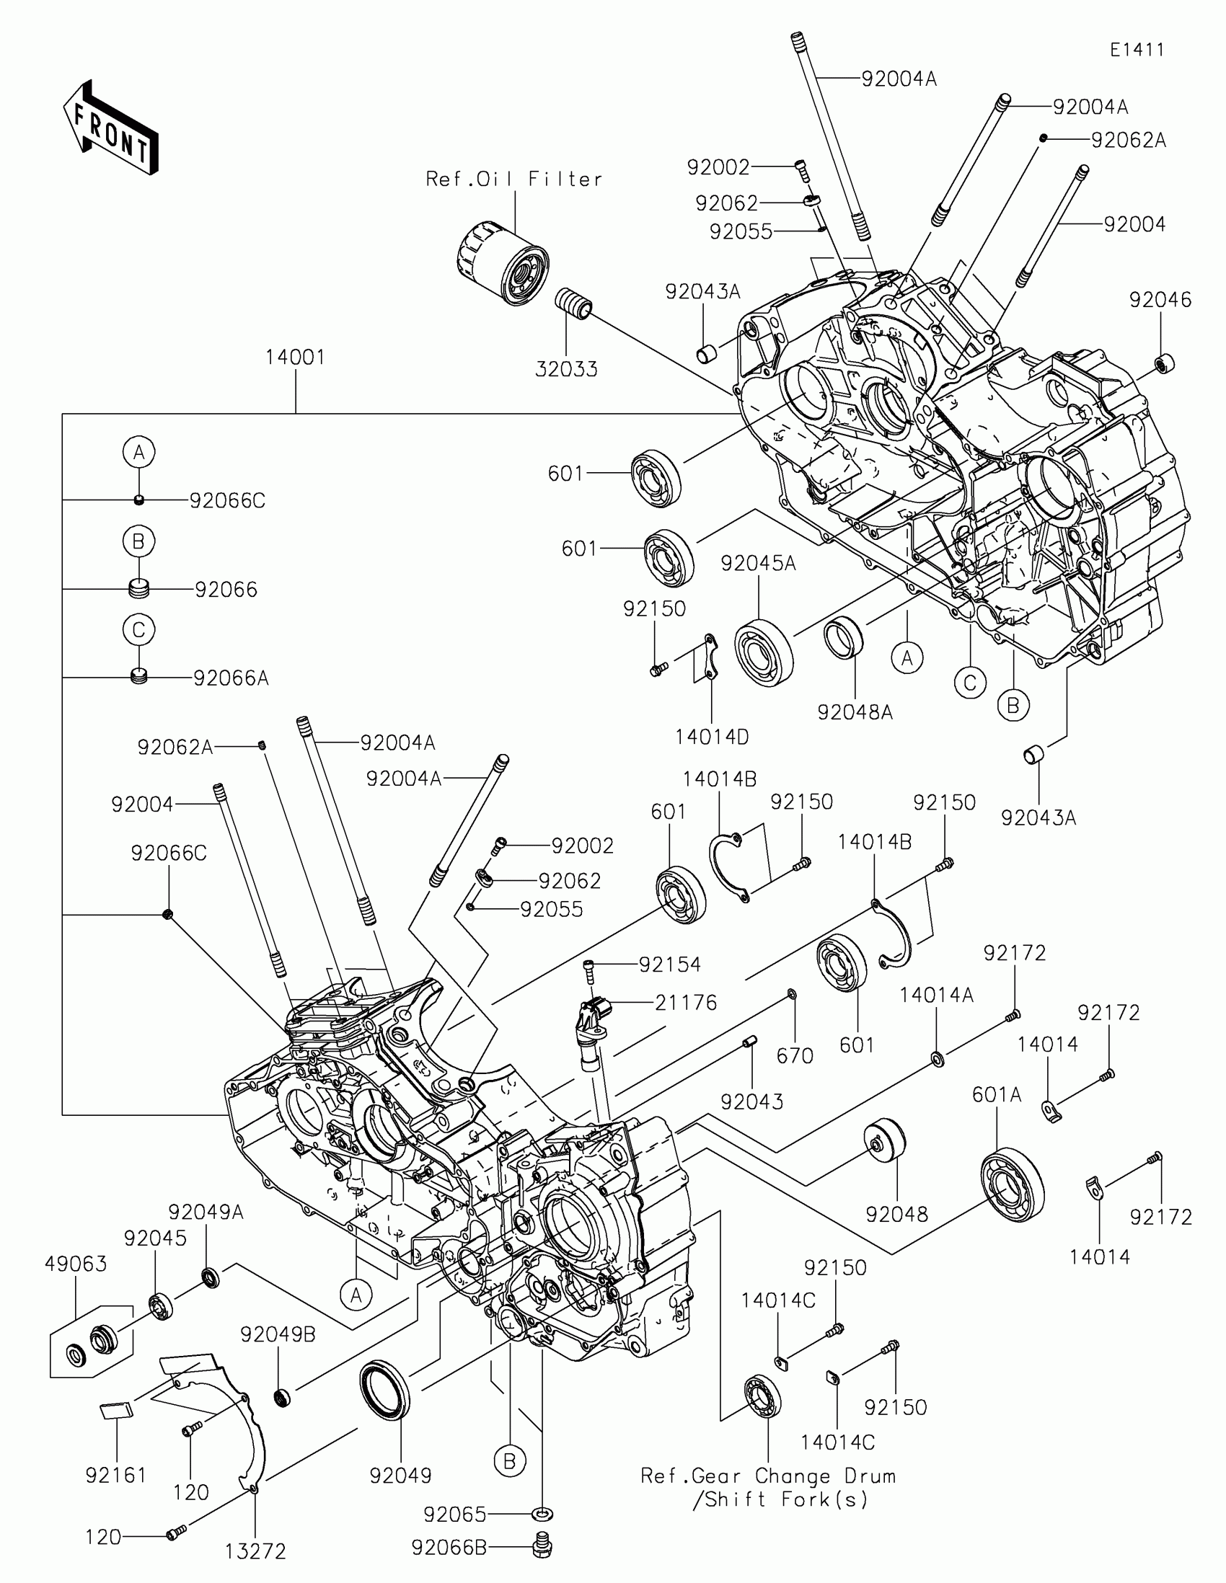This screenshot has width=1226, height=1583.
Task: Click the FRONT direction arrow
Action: (x=111, y=127)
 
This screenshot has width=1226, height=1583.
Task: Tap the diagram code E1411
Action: (x=1137, y=50)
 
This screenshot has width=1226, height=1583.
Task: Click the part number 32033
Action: (x=566, y=369)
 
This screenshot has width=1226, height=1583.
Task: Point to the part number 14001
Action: (x=295, y=357)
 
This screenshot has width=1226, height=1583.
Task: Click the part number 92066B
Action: (x=449, y=1548)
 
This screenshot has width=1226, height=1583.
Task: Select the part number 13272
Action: (x=255, y=1551)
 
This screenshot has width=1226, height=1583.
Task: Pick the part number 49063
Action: (x=76, y=1264)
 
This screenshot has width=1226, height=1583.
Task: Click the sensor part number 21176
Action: (x=686, y=1003)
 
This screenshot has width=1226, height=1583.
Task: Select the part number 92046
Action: (x=1160, y=299)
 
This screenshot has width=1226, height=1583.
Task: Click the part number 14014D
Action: (x=712, y=737)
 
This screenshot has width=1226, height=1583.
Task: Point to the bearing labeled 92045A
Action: (x=764, y=652)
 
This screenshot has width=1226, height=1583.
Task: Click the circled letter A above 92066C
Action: (x=139, y=452)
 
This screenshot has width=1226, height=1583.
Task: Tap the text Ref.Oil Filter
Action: (x=514, y=179)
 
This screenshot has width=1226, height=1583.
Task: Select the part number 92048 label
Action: (x=897, y=1214)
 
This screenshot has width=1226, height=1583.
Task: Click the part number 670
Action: (x=795, y=1056)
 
